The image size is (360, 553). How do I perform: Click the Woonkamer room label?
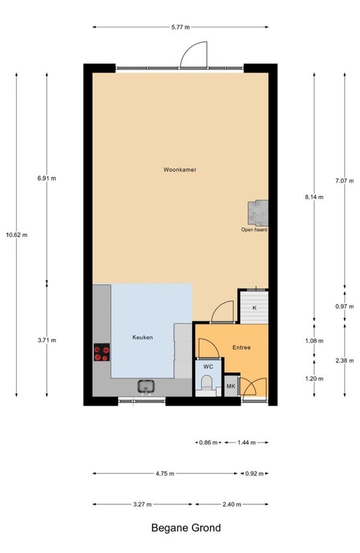180,170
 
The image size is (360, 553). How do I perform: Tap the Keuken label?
142,337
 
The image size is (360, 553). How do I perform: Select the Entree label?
242,348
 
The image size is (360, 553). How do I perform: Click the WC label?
208,367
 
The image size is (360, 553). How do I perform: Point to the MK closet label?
231,386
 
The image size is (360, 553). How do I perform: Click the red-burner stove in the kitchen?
101,352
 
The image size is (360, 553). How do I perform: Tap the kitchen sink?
146,387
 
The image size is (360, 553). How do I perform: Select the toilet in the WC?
206,383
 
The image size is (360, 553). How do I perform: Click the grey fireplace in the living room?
258,213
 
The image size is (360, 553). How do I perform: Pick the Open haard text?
254,229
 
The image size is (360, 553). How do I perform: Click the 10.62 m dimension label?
17,235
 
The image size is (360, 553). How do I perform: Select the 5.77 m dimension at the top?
181,27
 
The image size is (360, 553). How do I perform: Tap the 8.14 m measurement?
314,197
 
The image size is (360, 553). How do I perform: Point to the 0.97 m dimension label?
344,306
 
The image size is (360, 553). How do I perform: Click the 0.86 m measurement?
208,443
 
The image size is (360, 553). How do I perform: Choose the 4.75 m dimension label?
165,474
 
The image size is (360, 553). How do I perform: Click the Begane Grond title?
186,528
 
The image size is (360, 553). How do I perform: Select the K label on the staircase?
254,308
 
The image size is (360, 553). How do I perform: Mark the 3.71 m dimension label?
47,340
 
